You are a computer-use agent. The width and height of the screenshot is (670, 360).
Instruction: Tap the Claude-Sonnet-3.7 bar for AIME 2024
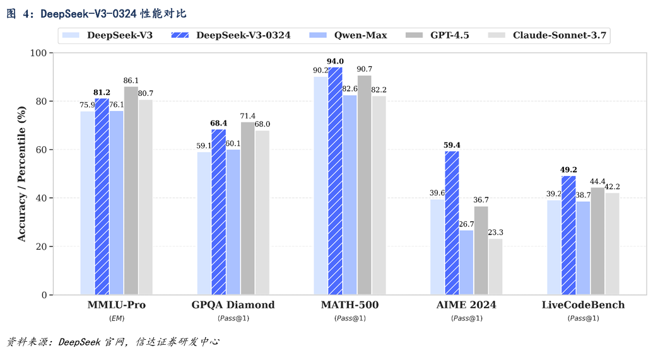(x=495, y=267)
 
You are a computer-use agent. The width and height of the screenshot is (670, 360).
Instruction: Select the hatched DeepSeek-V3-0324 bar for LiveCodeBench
(x=568, y=235)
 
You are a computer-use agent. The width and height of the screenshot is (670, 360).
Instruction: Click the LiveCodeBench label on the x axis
(x=583, y=305)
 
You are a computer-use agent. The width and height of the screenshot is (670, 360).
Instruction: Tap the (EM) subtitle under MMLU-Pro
(x=117, y=318)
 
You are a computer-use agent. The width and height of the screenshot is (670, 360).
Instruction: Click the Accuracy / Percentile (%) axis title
(x=21, y=174)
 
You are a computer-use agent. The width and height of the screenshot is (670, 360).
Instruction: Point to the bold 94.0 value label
(x=334, y=61)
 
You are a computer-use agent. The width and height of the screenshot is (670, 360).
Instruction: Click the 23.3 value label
(x=495, y=233)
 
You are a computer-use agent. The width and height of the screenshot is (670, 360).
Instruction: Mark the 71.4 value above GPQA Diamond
(x=248, y=116)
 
